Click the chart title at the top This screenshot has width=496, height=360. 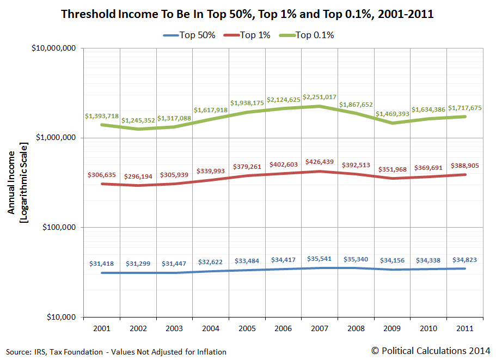[248, 15]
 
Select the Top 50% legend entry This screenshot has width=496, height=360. [190, 35]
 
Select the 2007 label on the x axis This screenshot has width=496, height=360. [320, 329]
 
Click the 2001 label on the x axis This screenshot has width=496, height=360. [102, 329]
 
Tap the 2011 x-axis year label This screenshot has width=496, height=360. [464, 329]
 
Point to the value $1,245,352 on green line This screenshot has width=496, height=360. [139, 120]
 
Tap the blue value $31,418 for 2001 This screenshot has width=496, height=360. [102, 264]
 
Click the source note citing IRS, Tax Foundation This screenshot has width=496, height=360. [117, 352]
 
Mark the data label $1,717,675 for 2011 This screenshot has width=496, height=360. [464, 108]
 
